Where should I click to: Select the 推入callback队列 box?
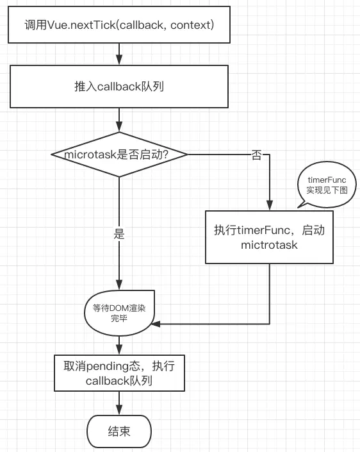[119, 86]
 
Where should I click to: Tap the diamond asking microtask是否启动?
[119, 154]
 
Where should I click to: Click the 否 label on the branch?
[256, 155]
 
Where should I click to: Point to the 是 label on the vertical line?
[119, 234]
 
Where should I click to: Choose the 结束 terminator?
[119, 431]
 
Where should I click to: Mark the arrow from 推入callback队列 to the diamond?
[119, 119]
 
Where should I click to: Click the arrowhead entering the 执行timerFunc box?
[270, 205]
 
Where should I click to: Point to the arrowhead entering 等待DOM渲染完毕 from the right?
[155, 324]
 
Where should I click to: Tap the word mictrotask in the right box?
[269, 244]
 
